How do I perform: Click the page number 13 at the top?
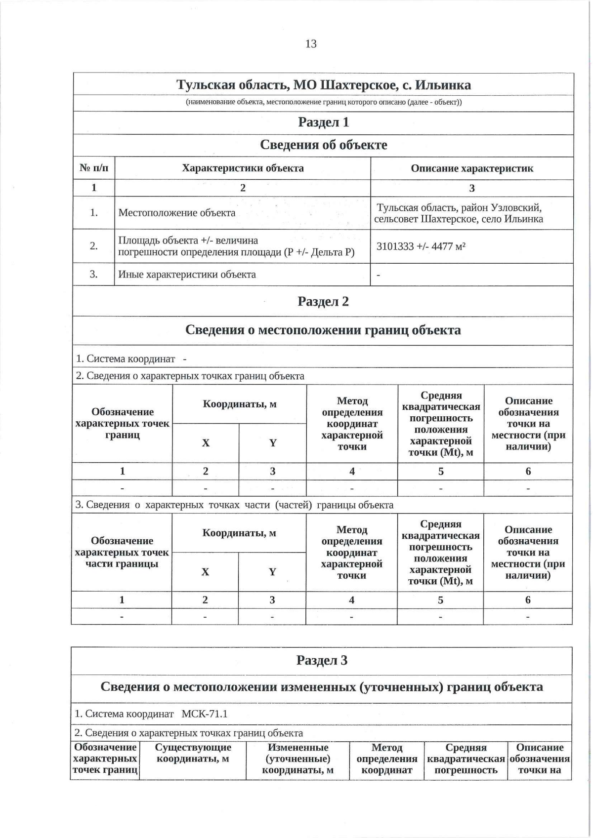pos(311,43)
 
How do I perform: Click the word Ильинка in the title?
pos(443,85)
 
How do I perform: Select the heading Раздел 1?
pos(323,122)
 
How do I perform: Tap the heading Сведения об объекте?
pos(323,145)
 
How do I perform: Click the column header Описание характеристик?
pos(472,168)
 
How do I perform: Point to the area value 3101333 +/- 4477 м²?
pos(421,246)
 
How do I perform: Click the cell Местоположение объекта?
pos(177,213)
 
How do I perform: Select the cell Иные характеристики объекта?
pos(187,274)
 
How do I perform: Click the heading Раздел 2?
pos(323,301)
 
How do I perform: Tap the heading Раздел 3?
pos(322,660)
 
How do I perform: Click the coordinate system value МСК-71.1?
pos(205,714)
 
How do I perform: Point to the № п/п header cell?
pos(94,168)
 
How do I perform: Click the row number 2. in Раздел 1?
pos(94,246)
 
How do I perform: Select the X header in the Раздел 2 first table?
pos(206,443)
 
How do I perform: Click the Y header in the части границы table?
pos(272,572)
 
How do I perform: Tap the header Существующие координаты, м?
pos(193,753)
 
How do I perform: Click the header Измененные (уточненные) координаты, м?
pos(297,758)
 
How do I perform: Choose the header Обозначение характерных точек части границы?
pos(122,552)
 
